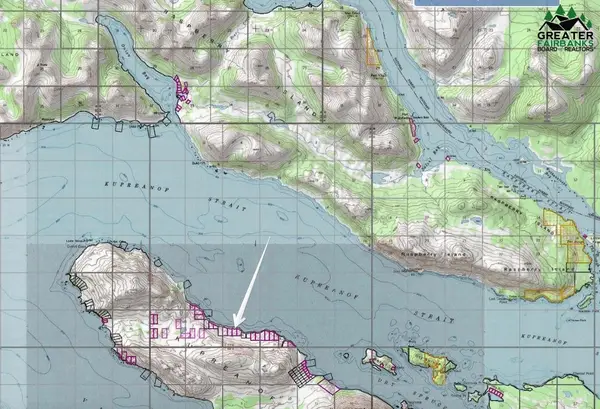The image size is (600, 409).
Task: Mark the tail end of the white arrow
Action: pos(269,239)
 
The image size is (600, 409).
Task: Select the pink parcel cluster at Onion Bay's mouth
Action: pos(182,91)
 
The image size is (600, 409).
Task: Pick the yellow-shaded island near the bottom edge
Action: pos(431,364)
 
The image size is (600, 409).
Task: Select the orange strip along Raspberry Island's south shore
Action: pos(556,293)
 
